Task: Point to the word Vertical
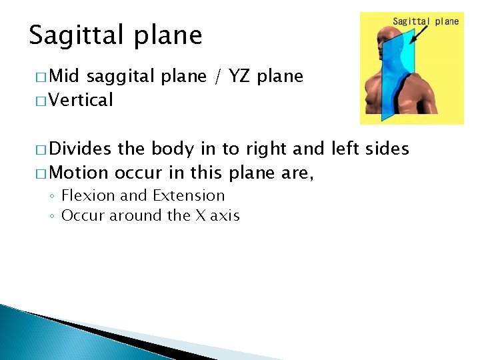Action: point(81,101)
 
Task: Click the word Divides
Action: point(81,149)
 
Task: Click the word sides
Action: point(387,149)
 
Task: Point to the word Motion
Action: point(79,173)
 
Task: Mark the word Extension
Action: point(189,196)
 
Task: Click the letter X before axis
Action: point(199,216)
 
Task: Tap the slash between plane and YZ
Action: point(218,77)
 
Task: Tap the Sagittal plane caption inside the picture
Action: point(425,21)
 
